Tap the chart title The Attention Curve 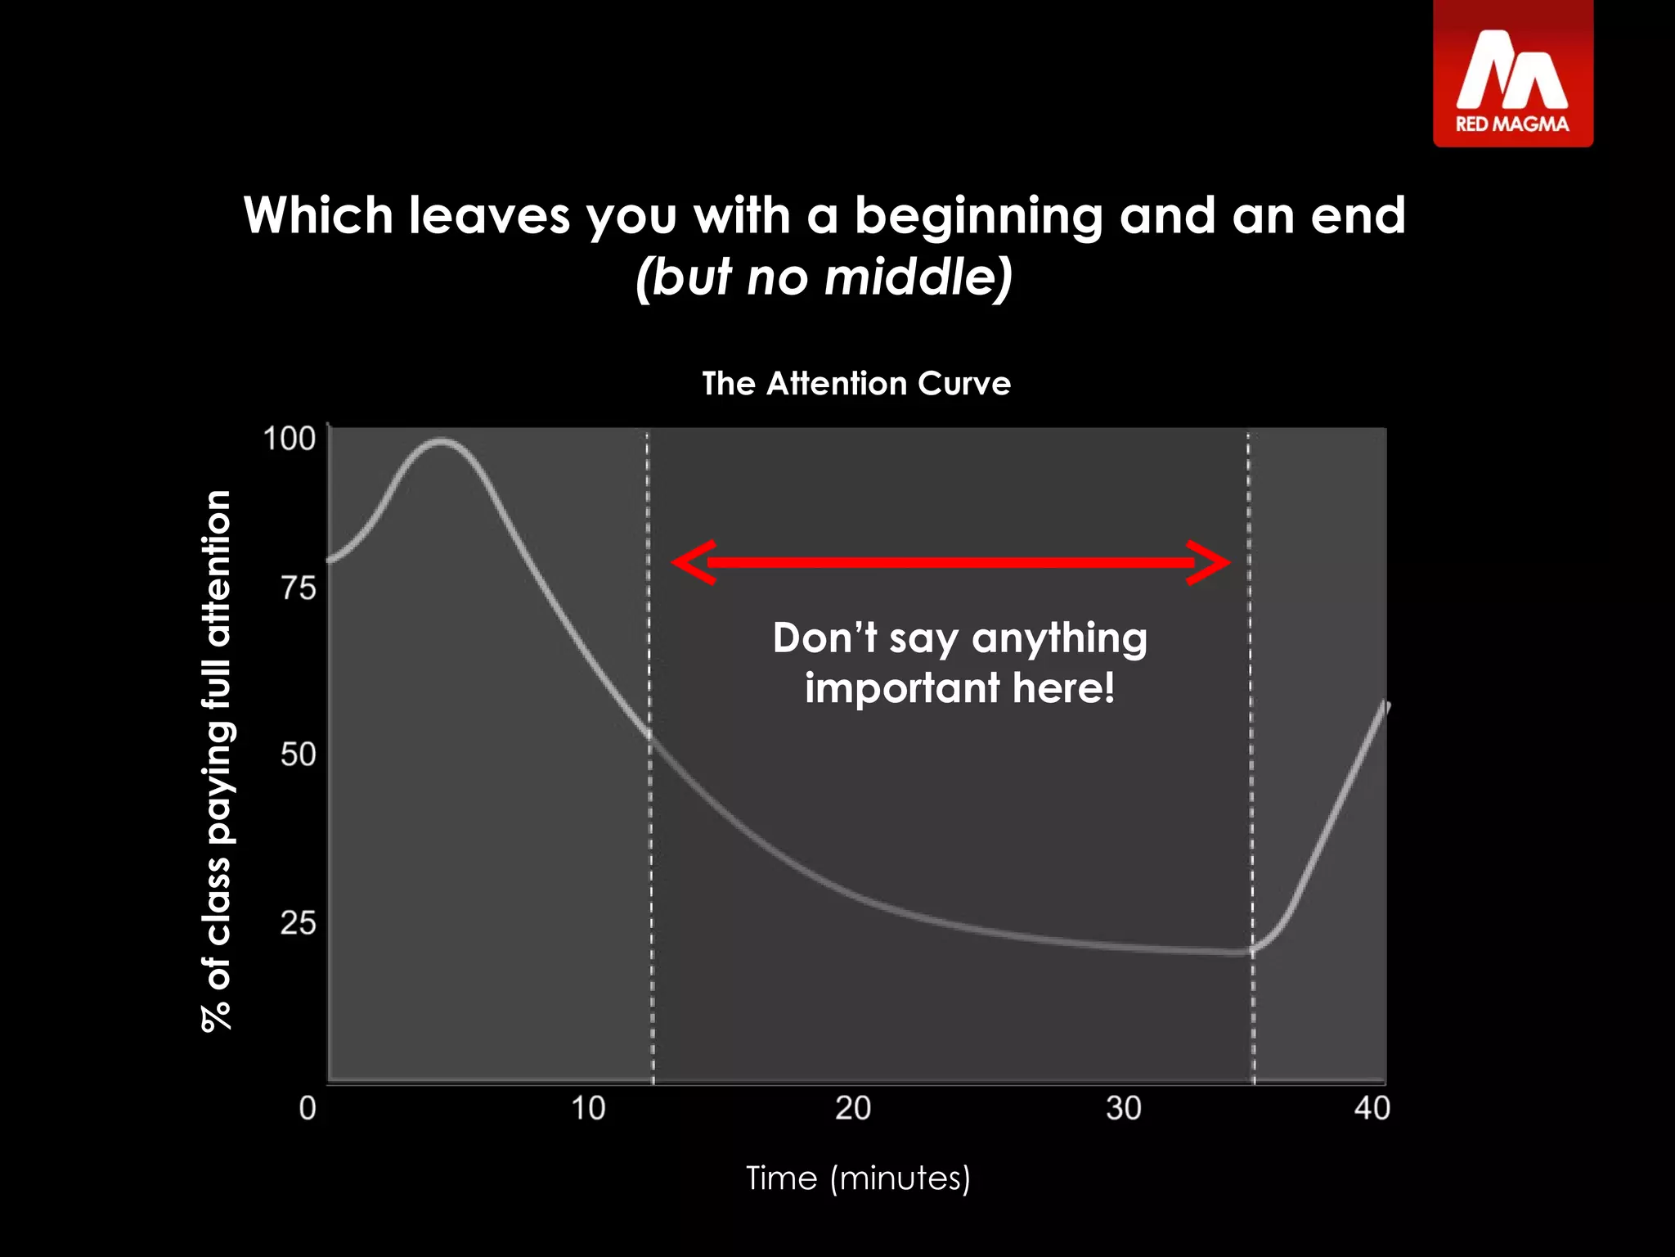856,384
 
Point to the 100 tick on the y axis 289,439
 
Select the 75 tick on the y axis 298,588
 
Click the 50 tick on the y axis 298,754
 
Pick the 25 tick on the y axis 298,923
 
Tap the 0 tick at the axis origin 308,1108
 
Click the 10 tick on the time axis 587,1108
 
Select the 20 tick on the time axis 853,1108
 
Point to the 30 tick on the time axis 1123,1108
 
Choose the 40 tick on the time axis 1372,1108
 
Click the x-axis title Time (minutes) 858,1178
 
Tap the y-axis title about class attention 217,761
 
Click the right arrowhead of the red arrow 1210,562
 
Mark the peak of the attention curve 442,442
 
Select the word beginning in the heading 978,216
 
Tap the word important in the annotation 901,687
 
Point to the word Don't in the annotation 824,638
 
